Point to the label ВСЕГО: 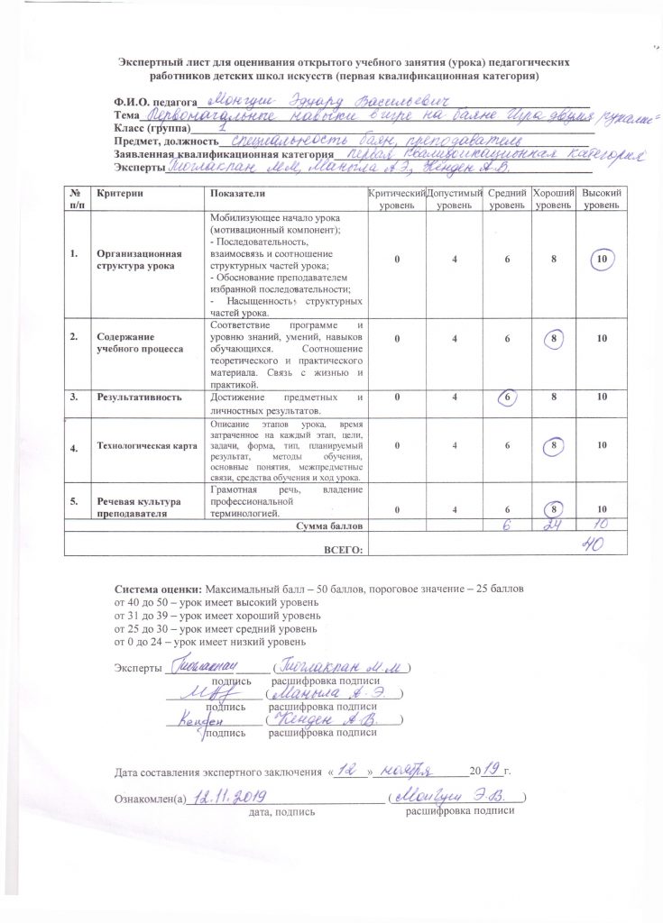click(x=343, y=548)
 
